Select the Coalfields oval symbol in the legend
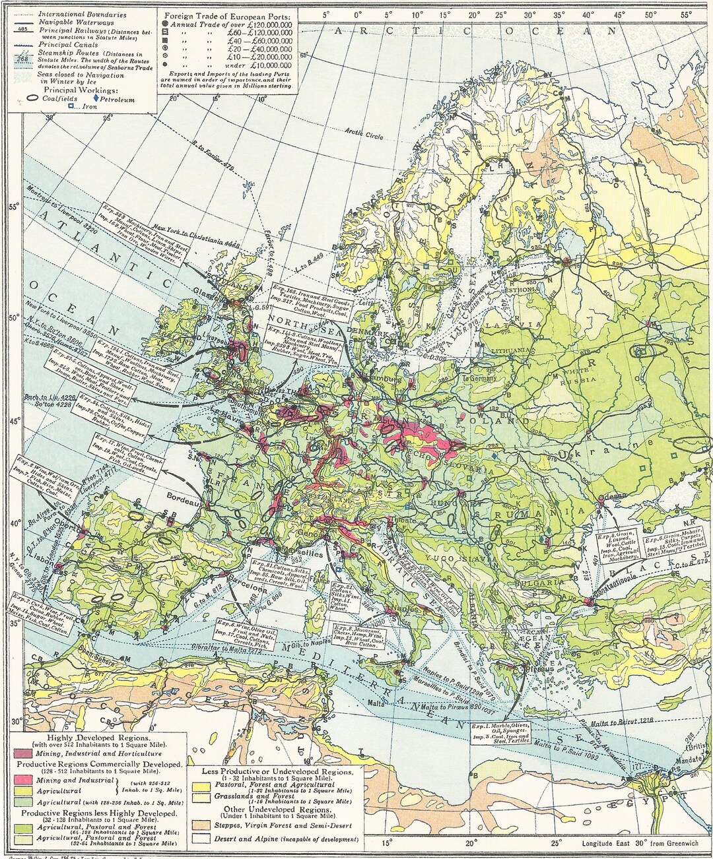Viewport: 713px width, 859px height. (31, 100)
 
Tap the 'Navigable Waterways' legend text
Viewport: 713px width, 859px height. (67, 22)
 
